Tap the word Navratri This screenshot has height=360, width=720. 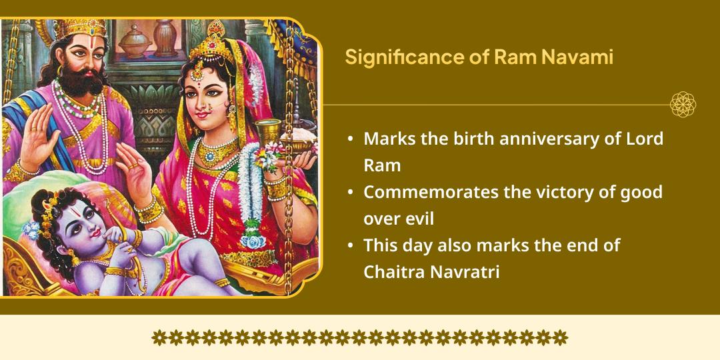point(466,271)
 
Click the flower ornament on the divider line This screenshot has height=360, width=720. point(683,105)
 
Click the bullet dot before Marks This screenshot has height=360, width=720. point(351,140)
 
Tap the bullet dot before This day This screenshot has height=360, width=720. point(351,246)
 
